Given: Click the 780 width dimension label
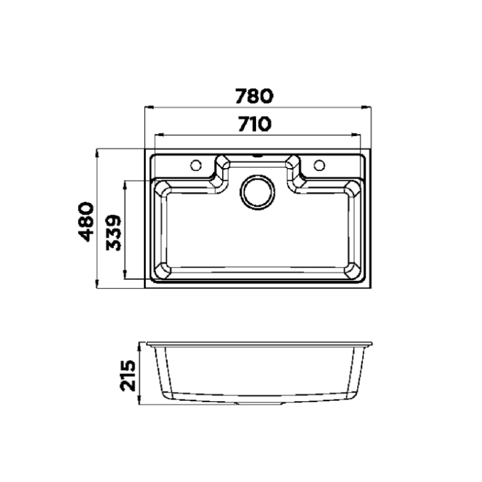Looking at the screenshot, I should pyautogui.click(x=254, y=96).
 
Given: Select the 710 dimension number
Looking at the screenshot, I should pyautogui.click(x=254, y=125).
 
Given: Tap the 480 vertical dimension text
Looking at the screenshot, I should pyautogui.click(x=87, y=221).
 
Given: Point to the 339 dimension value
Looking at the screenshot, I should pyautogui.click(x=114, y=232).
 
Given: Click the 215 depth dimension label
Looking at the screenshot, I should pyautogui.click(x=128, y=374).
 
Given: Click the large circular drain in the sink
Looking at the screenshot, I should pyautogui.click(x=258, y=192).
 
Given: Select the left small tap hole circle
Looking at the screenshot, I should pyautogui.click(x=195, y=164).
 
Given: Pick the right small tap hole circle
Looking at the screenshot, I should pyautogui.click(x=320, y=164).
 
